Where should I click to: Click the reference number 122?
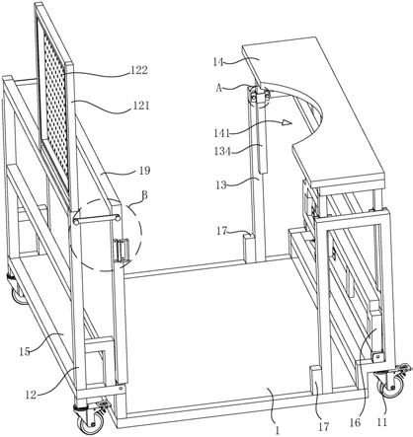click(x=138, y=70)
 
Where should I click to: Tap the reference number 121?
click(x=141, y=106)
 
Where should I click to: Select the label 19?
click(x=144, y=171)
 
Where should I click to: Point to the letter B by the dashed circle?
click(x=144, y=195)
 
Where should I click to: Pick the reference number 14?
click(x=218, y=61)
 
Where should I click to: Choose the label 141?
click(x=221, y=133)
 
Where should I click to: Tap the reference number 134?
click(x=223, y=151)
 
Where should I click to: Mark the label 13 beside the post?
click(x=221, y=185)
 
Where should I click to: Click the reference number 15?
click(x=24, y=351)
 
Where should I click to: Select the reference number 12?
click(x=31, y=395)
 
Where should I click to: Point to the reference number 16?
click(x=356, y=423)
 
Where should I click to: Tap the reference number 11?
click(x=381, y=422)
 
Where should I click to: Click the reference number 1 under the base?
click(x=278, y=430)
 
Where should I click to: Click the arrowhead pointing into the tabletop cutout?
click(x=288, y=123)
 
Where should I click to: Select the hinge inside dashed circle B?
click(x=120, y=250)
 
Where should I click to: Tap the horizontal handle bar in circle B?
click(x=96, y=219)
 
